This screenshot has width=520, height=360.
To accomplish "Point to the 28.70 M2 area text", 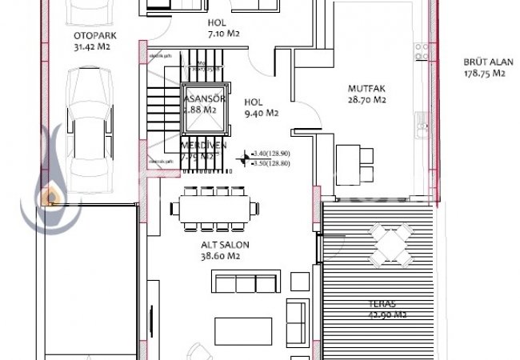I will coord(367,100).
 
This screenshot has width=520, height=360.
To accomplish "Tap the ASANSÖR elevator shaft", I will coord(202,103).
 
